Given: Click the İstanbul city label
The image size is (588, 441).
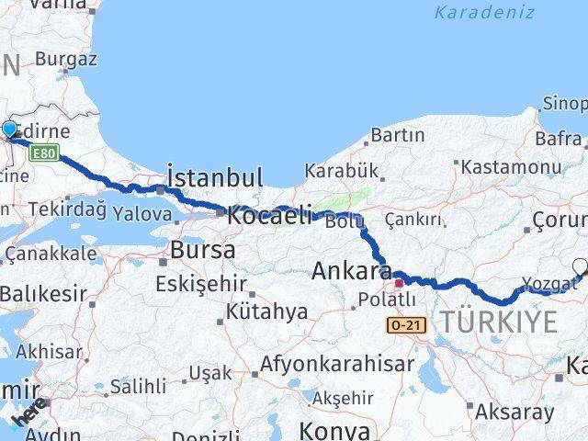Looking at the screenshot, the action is tap(215, 176).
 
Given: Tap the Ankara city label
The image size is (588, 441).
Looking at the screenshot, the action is tap(352, 271).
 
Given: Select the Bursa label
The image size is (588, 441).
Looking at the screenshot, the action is tap(203, 249).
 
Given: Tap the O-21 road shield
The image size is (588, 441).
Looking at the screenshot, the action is tap(403, 325).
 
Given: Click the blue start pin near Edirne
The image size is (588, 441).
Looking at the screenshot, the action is tap(9, 130).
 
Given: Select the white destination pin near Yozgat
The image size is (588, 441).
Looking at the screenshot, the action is tap(580, 267).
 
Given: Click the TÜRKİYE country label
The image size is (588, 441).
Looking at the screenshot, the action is tap(499, 322).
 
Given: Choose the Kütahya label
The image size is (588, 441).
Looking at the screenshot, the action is tap(266, 312).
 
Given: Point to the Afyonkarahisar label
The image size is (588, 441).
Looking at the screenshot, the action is tap(336, 363).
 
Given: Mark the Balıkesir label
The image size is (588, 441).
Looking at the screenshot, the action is tap(43, 295).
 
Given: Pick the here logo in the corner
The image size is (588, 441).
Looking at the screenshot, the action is tap(28, 411).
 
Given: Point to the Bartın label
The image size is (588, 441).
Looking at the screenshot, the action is tap(397, 135).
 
